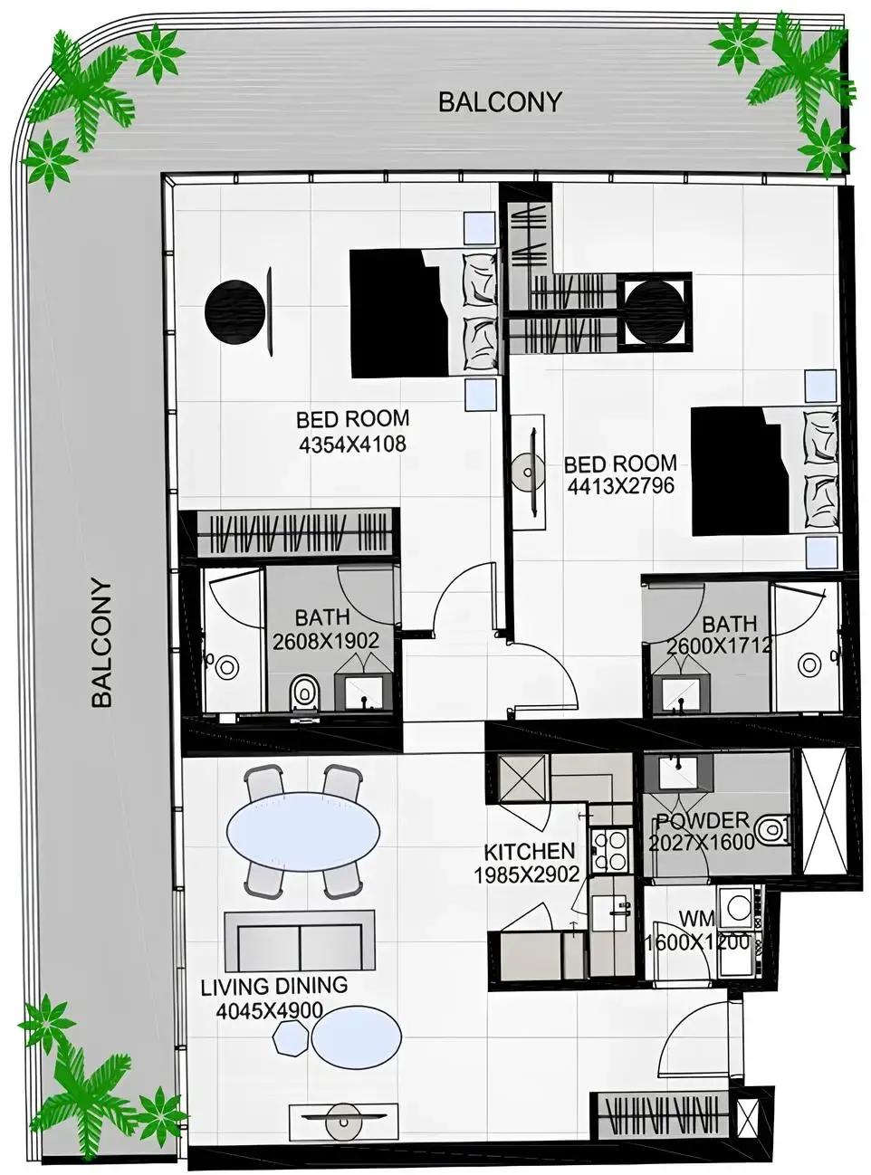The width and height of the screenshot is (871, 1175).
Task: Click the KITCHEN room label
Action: tap(530, 852)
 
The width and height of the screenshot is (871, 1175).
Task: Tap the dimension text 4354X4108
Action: tap(352, 444)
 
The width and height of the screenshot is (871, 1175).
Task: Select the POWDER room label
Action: tap(703, 821)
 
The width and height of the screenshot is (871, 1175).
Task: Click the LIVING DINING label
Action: tap(274, 986)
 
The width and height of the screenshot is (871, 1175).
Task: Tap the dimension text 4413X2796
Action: tap(621, 486)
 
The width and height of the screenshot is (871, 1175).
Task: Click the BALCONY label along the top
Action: tap(500, 102)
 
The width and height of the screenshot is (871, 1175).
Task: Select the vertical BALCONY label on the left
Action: tap(102, 643)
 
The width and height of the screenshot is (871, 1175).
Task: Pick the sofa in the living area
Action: tap(299, 941)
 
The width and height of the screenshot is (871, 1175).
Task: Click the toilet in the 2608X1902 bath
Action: tap(305, 694)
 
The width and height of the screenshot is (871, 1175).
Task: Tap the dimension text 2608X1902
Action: tap(326, 641)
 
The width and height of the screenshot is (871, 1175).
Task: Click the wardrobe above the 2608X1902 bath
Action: tap(296, 534)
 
